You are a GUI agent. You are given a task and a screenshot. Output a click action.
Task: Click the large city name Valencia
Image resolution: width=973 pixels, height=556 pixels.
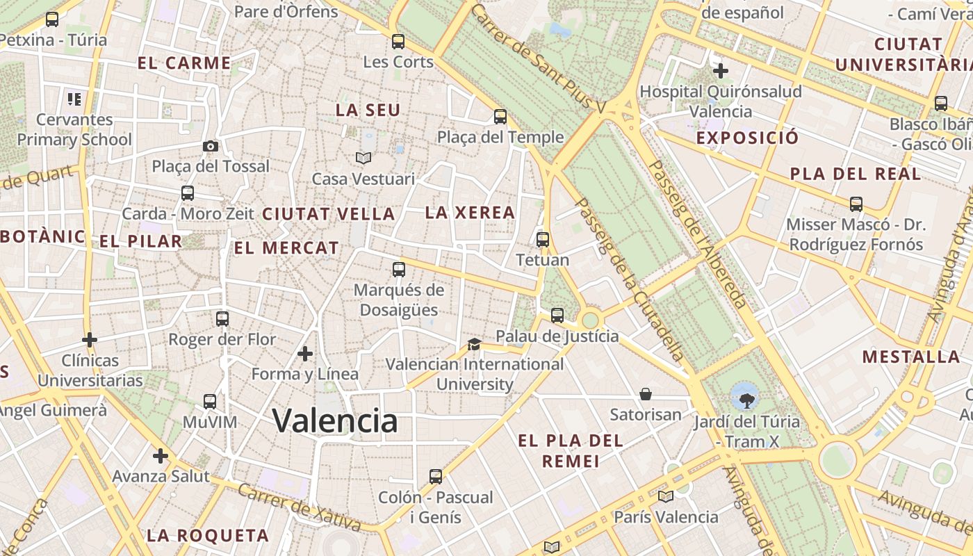tap(334, 420)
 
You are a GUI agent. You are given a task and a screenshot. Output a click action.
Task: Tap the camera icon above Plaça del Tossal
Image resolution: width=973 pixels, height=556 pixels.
tap(210, 146)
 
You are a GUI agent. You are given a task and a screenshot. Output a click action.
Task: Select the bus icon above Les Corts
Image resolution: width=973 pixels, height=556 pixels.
tap(398, 42)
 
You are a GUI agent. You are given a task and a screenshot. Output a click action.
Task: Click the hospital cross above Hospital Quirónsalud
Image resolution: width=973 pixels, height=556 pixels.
tap(721, 70)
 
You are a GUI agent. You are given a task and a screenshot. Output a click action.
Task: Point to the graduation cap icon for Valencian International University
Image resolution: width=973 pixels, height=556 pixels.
tap(474, 344)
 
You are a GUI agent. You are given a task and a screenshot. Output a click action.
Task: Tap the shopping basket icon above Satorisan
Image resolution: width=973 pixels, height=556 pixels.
tap(646, 394)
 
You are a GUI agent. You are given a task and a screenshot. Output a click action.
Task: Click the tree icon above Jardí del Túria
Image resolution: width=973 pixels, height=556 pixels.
tap(746, 400)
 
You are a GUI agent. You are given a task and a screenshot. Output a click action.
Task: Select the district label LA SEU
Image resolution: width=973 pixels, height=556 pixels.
tap(368, 111)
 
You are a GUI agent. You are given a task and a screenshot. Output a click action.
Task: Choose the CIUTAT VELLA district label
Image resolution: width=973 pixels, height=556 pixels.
tap(328, 214)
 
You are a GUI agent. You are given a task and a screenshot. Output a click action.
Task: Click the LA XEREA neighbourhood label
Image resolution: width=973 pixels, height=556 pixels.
tap(470, 213)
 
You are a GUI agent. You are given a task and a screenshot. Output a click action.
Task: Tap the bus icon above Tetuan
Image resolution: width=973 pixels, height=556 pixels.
tap(543, 240)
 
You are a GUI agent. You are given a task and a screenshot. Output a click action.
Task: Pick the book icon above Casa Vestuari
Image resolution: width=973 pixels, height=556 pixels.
tap(363, 158)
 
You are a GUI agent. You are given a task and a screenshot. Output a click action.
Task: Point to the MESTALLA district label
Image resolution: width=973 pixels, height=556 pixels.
tap(910, 357)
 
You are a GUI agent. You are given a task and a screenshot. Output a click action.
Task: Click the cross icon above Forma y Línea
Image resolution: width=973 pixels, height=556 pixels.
tap(304, 354)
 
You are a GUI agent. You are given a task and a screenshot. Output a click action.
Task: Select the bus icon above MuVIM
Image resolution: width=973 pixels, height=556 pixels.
tap(210, 401)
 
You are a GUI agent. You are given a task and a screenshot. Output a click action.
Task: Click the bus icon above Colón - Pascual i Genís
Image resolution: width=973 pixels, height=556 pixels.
tap(436, 477)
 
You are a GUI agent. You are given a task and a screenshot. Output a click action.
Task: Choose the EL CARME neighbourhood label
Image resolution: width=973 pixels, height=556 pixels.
tap(184, 63)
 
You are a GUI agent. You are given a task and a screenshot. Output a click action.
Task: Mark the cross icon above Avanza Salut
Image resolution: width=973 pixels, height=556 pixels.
tap(161, 456)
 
